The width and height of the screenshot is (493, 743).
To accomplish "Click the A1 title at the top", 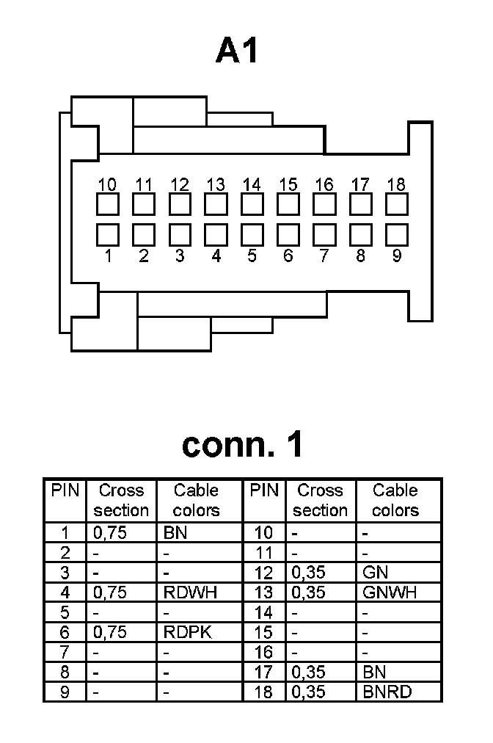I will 238,51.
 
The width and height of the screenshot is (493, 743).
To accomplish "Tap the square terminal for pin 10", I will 108,204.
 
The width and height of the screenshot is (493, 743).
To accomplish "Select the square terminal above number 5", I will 252,234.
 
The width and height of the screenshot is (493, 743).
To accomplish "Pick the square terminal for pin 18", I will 396,204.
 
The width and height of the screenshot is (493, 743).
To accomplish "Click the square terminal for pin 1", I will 108,234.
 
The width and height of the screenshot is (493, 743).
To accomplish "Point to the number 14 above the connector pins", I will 252,184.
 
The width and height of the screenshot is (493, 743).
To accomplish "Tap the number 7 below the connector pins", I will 324,255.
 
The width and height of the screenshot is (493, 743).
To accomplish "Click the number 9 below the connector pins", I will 396,255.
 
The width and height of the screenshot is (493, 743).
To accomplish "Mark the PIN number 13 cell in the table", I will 263,592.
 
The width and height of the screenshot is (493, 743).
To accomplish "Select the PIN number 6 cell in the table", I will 65,632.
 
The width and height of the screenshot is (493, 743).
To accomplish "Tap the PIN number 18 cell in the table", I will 263,692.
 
